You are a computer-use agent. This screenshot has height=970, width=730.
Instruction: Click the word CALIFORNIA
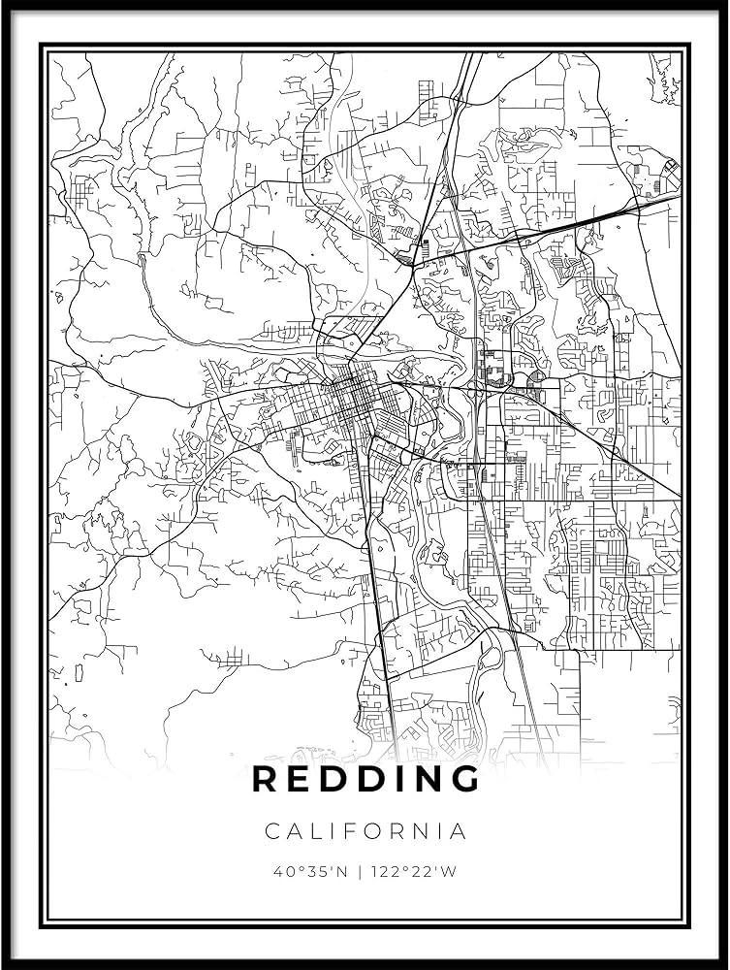(x=365, y=831)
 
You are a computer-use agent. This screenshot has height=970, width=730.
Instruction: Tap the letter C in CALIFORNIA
(x=271, y=831)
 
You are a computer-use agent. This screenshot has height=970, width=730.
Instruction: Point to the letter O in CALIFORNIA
(x=371, y=831)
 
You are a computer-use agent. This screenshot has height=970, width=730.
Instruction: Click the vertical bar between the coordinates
(x=361, y=871)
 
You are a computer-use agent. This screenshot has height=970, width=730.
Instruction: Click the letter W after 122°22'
(x=448, y=871)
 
